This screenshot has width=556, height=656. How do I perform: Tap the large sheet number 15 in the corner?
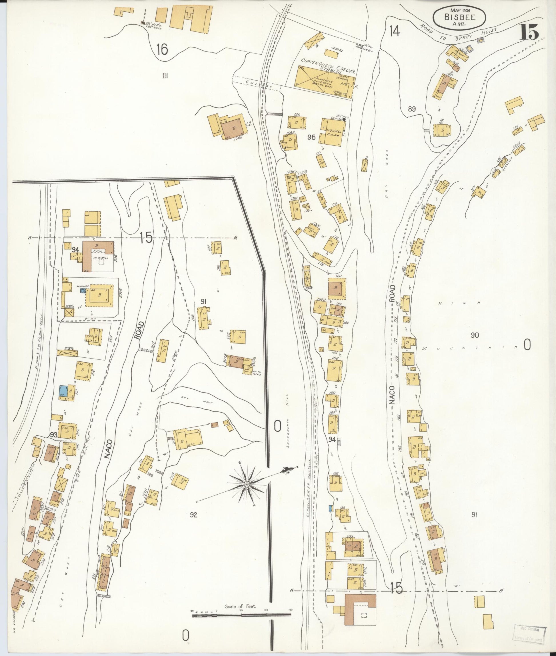pyautogui.click(x=529, y=33)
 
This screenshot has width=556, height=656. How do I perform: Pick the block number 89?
pyautogui.click(x=412, y=109)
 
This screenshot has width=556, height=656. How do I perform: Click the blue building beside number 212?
pyautogui.click(x=63, y=391)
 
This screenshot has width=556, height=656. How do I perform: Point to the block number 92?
pyautogui.click(x=193, y=515)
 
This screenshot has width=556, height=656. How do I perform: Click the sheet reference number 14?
pyautogui.click(x=394, y=31)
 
